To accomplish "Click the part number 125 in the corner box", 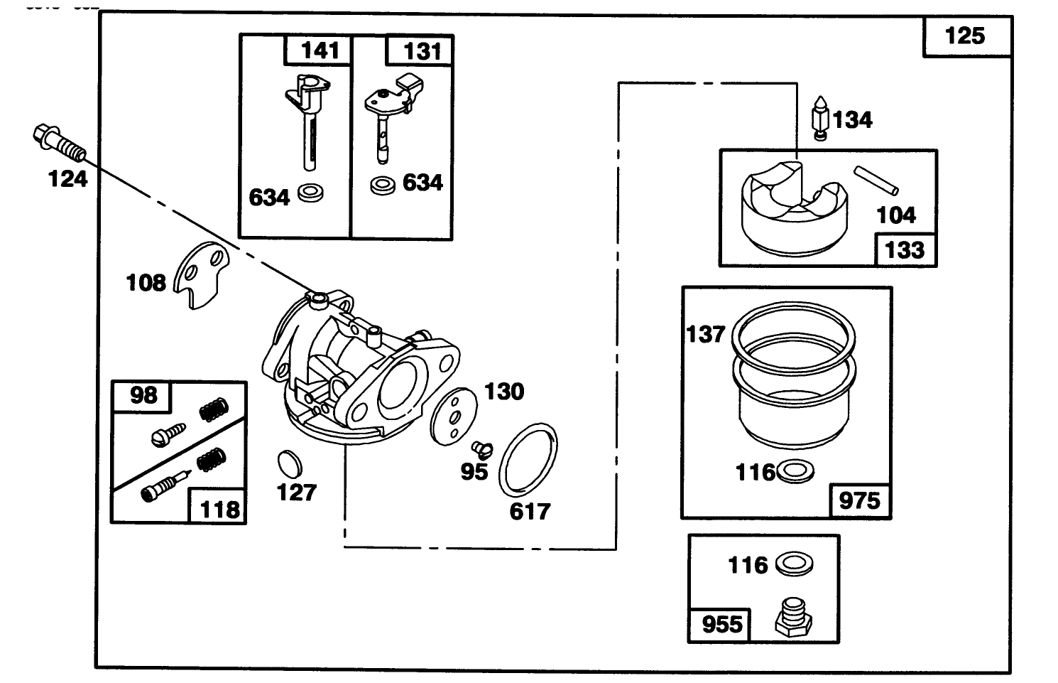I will tap(965, 36).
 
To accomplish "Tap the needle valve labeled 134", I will tap(820, 118).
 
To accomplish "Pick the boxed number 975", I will tap(859, 501).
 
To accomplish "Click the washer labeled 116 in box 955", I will tap(793, 564).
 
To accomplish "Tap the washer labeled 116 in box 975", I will tap(795, 472).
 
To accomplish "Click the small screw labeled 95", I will tap(481, 448).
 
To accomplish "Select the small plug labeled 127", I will tap(288, 463).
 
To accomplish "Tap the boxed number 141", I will tap(320, 51).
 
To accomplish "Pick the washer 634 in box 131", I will tap(383, 186).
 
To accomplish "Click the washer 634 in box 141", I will tap(310, 192).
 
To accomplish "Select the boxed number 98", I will tap(143, 396).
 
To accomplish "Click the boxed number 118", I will tap(219, 509).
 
